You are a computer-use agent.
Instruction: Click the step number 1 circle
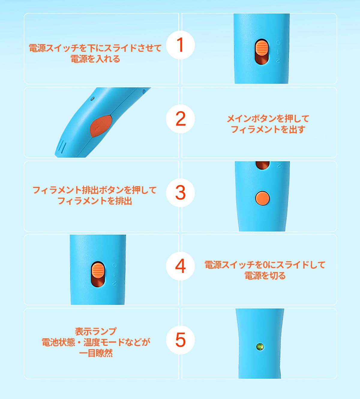tap(180, 45)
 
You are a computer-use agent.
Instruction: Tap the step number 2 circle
tap(180, 119)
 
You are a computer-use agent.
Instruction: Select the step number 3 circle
tap(180, 192)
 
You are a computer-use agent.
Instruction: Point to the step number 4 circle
tap(180, 266)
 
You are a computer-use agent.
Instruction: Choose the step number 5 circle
tap(180, 340)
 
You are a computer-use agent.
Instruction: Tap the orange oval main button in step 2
tap(101, 126)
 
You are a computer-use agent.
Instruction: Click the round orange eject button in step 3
tap(262, 198)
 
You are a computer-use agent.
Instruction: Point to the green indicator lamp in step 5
tap(260, 347)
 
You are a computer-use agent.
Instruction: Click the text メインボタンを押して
tap(268, 119)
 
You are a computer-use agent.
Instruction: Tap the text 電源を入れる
tap(95, 59)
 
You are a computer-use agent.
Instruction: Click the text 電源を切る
tap(265, 276)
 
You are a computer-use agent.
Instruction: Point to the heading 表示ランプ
tap(96, 331)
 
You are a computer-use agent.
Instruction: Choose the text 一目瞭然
tap(96, 353)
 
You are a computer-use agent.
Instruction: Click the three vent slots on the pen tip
tap(62, 147)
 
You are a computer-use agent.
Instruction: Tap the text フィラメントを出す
tap(268, 129)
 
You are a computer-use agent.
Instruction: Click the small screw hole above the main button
tap(92, 98)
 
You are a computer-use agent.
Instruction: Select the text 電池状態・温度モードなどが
tap(96, 342)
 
